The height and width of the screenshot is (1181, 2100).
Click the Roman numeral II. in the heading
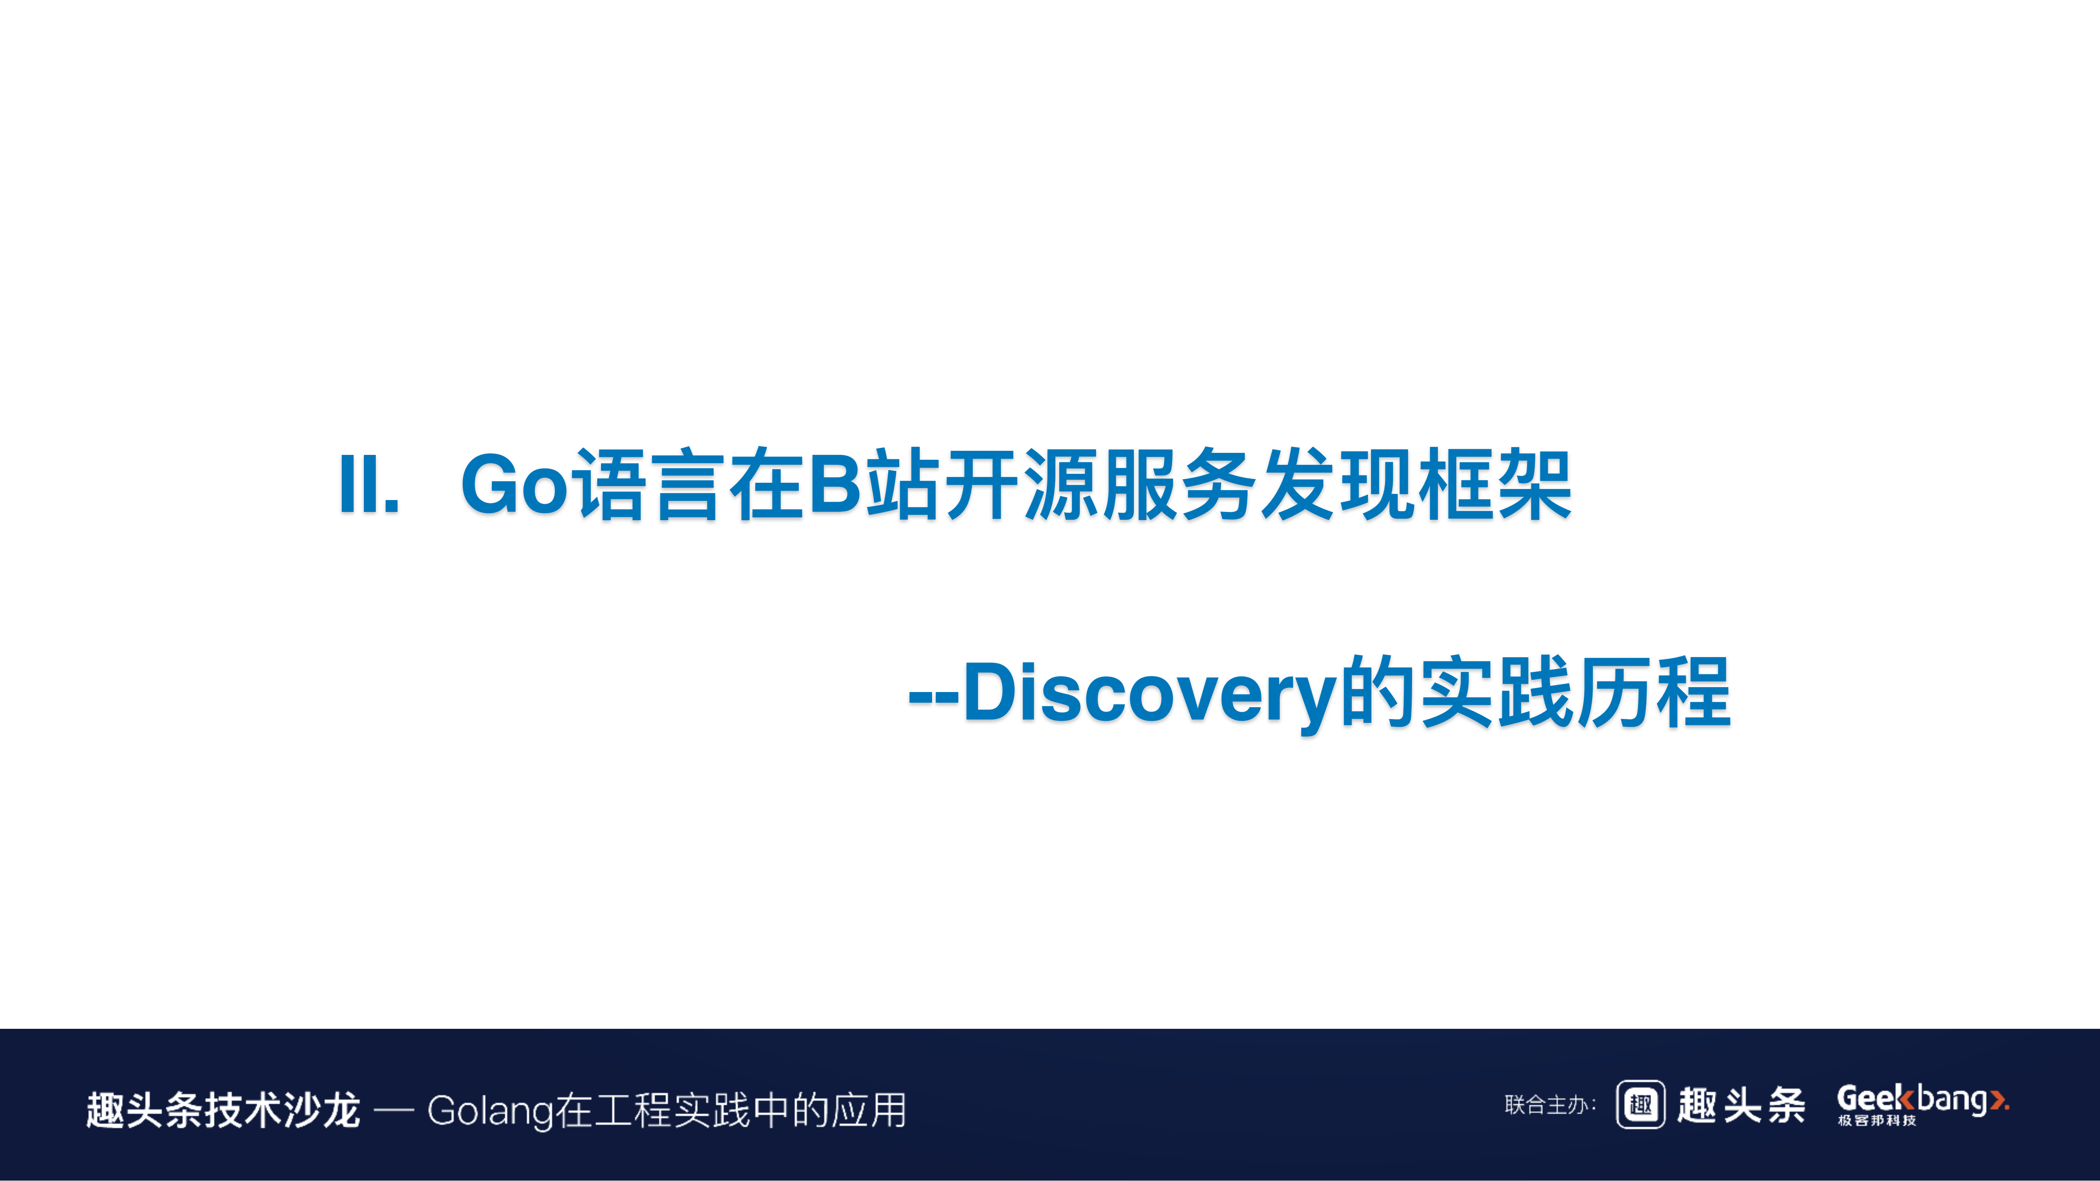(x=368, y=485)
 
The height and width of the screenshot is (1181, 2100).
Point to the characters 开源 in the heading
(x=1023, y=485)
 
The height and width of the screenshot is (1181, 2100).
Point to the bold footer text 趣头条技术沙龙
(x=223, y=1110)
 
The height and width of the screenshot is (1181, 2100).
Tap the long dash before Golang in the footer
(x=394, y=1110)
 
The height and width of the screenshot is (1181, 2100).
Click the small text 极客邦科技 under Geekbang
(x=1877, y=1121)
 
